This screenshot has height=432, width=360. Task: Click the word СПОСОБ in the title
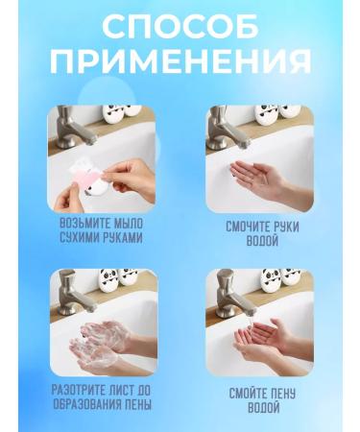pos(180,26)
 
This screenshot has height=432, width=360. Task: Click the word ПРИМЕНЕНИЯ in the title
pos(180,60)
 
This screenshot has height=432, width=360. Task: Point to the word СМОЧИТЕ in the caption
pos(248,228)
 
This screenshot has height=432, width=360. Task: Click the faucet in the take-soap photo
pos(68,125)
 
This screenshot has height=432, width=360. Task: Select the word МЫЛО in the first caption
pos(122,223)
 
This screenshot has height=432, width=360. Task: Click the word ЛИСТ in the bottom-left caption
pos(124,390)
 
